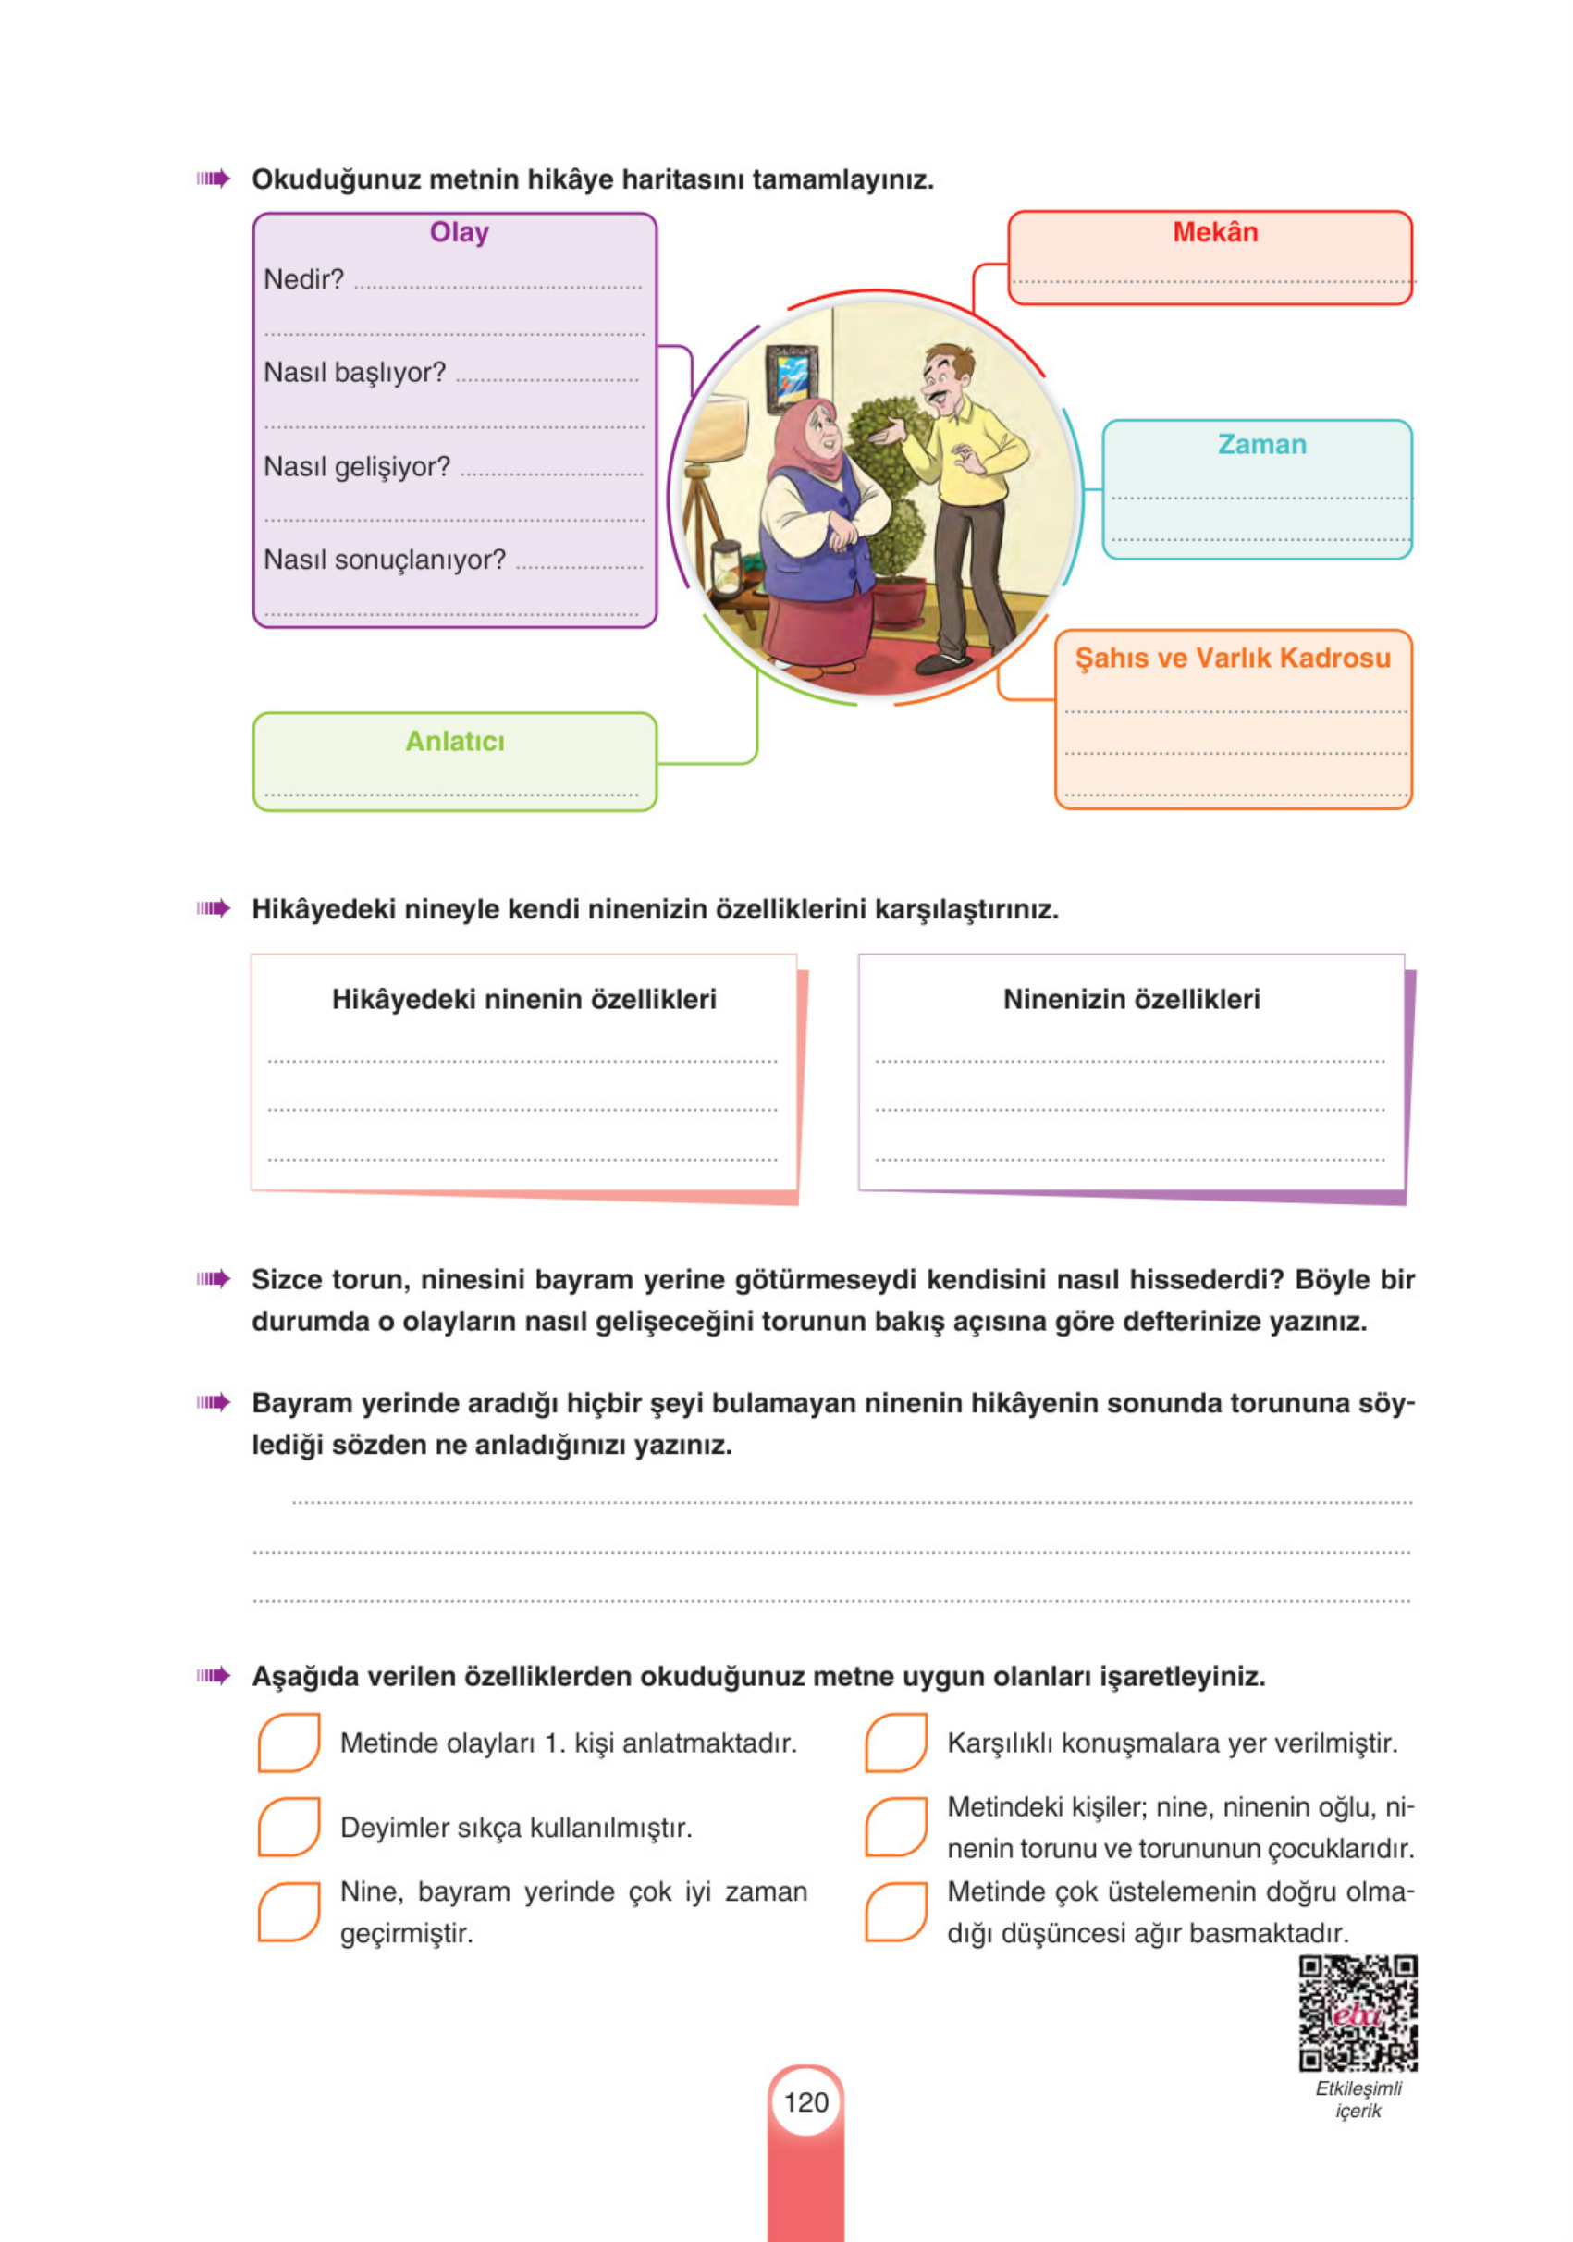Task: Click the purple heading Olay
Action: point(458,232)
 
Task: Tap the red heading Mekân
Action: point(1213,232)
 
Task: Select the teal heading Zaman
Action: point(1260,444)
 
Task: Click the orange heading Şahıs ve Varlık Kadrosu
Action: point(1233,659)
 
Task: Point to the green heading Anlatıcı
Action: point(454,741)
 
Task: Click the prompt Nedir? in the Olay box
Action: point(303,279)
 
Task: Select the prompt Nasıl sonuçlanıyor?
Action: point(385,560)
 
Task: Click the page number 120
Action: point(805,2102)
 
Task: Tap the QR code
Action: point(1358,2013)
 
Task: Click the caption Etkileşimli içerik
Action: point(1358,2100)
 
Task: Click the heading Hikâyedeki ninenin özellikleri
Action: point(523,999)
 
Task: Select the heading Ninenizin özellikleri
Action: point(1131,999)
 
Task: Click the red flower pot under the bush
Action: point(898,597)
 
